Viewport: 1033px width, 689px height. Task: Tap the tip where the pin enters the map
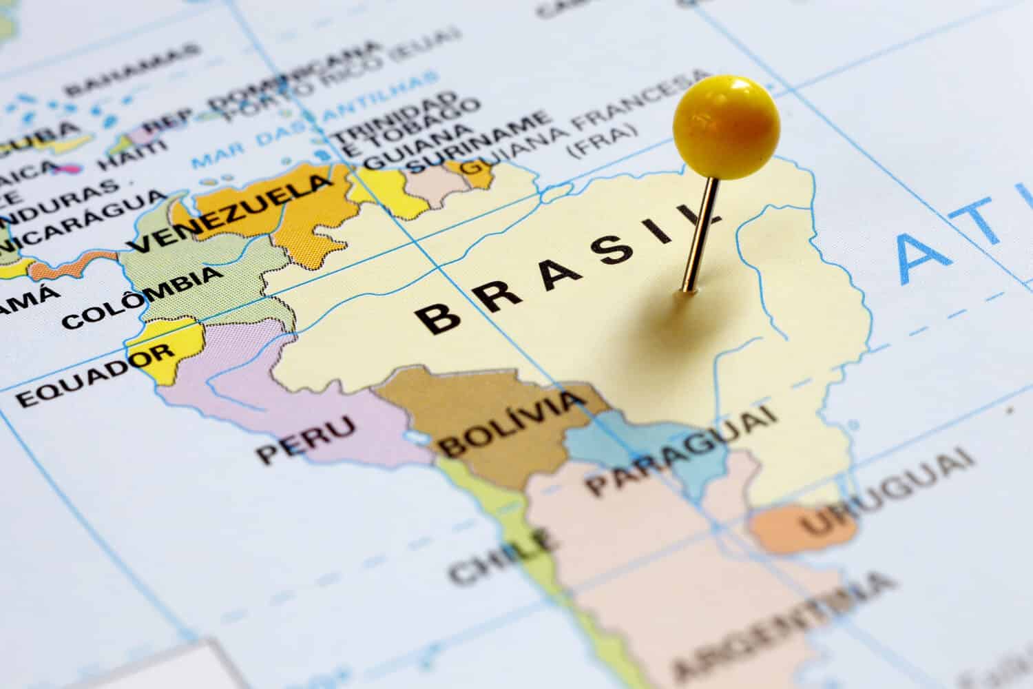pyautogui.click(x=687, y=290)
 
